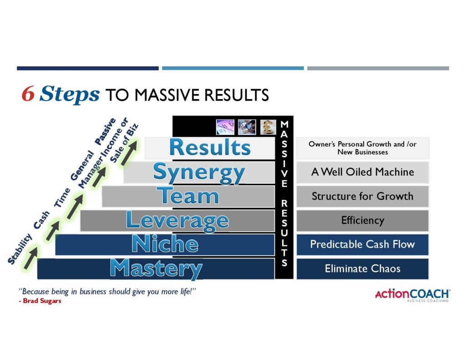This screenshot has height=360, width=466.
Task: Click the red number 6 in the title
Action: pos(28,94)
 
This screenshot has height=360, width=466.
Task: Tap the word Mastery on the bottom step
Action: pos(157,269)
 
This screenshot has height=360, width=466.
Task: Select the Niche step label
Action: pos(165,244)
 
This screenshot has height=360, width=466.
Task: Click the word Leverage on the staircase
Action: pos(177,221)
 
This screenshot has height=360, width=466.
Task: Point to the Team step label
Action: pos(188,196)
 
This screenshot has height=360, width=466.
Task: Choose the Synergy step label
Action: pos(199,173)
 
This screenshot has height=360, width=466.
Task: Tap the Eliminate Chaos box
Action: pos(363,269)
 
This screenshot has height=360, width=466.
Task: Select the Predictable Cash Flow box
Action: pos(363,244)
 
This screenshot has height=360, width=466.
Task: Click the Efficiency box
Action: pos(363,220)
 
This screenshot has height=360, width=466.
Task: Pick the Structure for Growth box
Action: pos(363,196)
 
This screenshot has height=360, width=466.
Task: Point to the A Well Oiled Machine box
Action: pos(363,172)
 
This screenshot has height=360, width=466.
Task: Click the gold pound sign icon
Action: pos(268,127)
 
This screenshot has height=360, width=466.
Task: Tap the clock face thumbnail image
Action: pos(225,127)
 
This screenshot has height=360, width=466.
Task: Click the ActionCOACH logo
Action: pos(412,295)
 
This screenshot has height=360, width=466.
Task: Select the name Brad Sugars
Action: pos(42,301)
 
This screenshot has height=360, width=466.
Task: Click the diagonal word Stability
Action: pos(20,249)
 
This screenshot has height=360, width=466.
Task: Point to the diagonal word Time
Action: pos(62,198)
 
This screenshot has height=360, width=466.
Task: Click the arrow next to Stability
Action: pos(31,258)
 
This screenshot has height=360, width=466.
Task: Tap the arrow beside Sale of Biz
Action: pos(129,153)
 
